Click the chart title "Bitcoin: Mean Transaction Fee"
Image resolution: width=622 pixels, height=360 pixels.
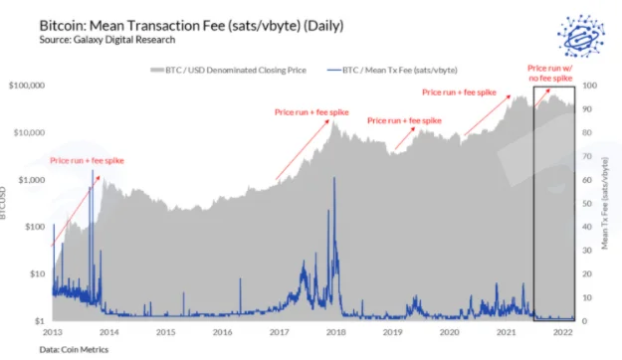(132, 26)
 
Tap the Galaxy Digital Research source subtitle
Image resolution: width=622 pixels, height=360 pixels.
(107, 40)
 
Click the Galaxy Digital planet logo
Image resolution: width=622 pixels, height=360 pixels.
(581, 36)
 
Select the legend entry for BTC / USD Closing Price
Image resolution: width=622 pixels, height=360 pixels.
(229, 71)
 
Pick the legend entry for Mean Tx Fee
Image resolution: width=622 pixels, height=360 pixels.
(392, 71)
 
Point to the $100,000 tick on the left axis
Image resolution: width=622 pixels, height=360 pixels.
(27, 86)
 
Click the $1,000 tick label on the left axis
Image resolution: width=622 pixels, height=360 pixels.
(32, 180)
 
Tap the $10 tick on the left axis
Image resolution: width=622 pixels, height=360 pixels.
(37, 273)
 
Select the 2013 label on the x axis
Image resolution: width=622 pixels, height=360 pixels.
(53, 332)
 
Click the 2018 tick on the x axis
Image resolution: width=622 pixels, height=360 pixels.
(336, 332)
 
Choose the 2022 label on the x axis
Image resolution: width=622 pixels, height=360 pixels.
(563, 332)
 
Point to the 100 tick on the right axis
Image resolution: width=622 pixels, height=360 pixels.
(589, 86)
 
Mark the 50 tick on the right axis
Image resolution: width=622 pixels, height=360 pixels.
(587, 204)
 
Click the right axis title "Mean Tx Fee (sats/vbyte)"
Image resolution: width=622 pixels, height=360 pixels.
(605, 204)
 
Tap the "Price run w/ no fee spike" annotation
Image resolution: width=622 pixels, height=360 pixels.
(550, 74)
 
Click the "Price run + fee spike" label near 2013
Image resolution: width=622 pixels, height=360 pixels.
(87, 160)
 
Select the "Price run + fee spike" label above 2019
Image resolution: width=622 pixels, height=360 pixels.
(404, 120)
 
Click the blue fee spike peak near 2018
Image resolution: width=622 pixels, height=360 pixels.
(334, 178)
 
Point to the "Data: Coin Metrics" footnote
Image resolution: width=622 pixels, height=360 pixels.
(74, 350)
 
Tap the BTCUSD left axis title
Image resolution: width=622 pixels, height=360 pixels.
(3, 203)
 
